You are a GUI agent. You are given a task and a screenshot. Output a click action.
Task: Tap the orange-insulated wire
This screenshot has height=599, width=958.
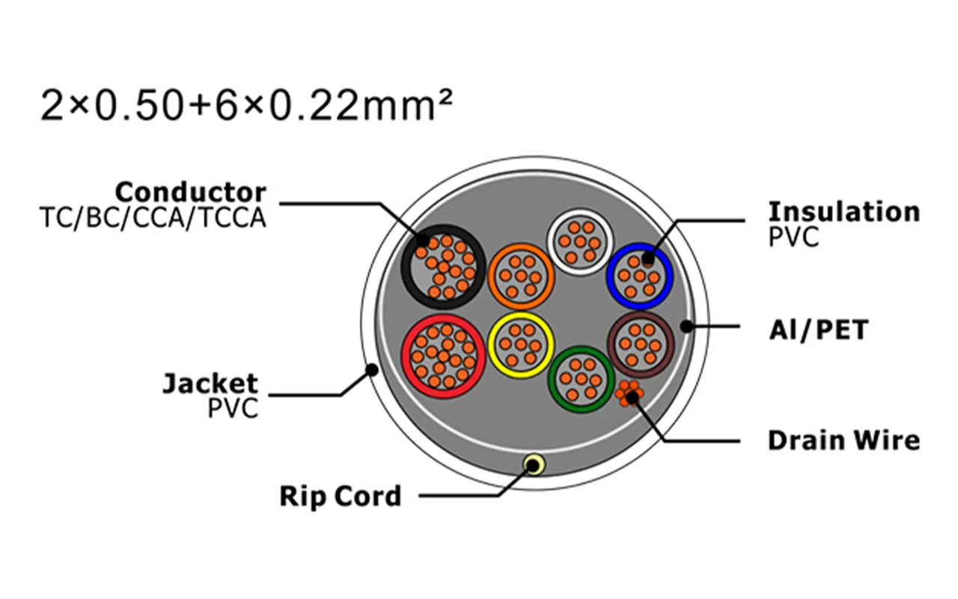(x=522, y=276)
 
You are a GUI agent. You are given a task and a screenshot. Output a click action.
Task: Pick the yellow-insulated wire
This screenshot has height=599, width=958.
(x=521, y=344)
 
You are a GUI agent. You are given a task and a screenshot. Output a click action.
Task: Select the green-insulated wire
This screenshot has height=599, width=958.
(x=582, y=379)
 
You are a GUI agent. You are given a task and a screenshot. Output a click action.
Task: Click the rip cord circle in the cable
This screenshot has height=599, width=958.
(x=534, y=465)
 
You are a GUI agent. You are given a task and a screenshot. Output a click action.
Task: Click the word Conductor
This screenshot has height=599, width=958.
(x=190, y=192)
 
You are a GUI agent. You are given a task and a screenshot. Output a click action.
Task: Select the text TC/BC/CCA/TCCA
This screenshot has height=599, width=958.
(x=153, y=218)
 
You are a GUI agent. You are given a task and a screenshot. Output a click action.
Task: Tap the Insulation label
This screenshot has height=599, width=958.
(x=843, y=211)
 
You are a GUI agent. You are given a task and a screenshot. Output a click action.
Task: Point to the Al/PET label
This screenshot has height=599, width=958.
(x=818, y=329)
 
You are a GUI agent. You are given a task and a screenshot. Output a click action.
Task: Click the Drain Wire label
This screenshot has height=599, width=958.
(x=843, y=440)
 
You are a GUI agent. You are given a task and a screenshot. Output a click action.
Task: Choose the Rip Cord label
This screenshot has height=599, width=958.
(x=340, y=496)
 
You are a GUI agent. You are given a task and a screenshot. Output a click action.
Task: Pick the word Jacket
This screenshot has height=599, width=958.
(x=210, y=384)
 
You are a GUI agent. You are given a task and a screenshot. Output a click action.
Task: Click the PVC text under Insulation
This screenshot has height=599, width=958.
(x=793, y=237)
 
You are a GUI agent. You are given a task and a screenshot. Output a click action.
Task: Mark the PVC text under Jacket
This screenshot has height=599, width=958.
(x=233, y=409)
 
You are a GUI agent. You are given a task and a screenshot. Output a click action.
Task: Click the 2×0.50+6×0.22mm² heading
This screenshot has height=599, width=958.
(x=247, y=107)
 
